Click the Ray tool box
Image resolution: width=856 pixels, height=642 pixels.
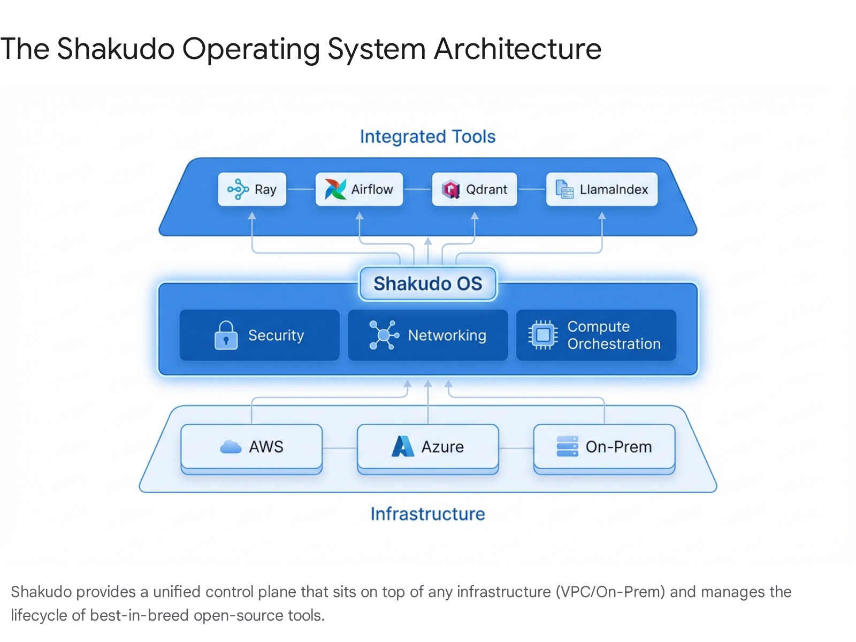(x=252, y=189)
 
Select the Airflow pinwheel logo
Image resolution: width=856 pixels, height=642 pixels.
(x=335, y=189)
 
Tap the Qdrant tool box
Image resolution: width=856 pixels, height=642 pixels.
(x=474, y=189)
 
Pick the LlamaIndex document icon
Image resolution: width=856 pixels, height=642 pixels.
(x=564, y=189)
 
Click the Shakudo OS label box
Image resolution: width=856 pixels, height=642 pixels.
(x=427, y=284)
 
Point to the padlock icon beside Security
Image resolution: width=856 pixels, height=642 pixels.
(x=226, y=335)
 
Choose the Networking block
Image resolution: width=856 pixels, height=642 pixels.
(x=427, y=335)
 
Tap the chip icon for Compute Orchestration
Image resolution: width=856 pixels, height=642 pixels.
(x=542, y=335)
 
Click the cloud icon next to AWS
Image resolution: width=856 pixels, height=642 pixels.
(x=231, y=447)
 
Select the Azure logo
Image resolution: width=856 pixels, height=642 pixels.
(x=403, y=446)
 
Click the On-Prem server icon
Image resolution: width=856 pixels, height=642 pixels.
(x=567, y=446)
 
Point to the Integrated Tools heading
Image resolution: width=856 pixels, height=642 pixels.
(x=427, y=137)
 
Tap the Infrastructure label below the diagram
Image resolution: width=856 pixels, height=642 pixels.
(x=427, y=514)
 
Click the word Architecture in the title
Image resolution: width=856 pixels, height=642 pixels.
(x=517, y=49)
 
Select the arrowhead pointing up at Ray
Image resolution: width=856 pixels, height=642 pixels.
(x=252, y=216)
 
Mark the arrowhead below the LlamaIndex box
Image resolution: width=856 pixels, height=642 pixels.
(x=602, y=216)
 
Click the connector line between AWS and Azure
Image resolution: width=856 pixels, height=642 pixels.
(x=340, y=448)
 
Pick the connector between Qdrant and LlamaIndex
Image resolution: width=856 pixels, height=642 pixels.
(x=531, y=189)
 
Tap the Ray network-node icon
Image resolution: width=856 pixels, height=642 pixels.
(x=238, y=189)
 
